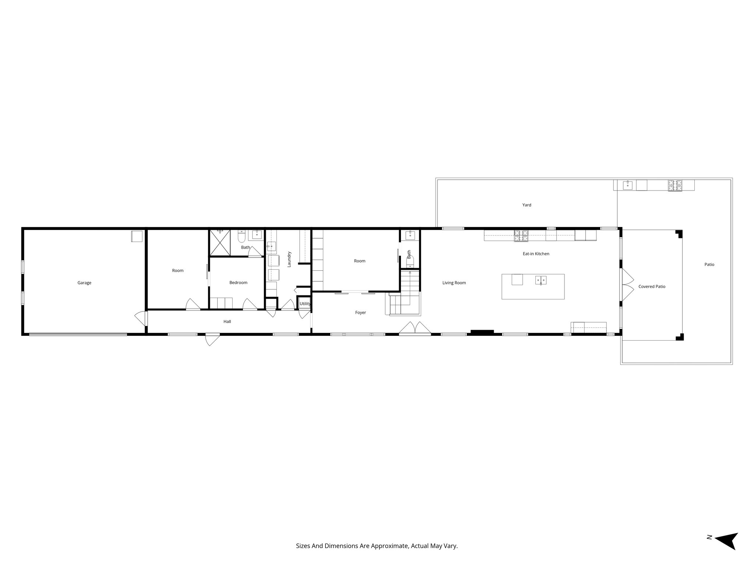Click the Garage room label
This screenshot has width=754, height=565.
pyautogui.click(x=84, y=283)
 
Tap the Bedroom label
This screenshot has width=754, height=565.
pyautogui.click(x=238, y=282)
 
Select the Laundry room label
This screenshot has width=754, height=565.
pyautogui.click(x=289, y=259)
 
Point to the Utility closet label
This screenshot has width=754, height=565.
pyautogui.click(x=305, y=304)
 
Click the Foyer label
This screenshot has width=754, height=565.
pyautogui.click(x=360, y=313)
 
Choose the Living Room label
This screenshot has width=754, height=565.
pyautogui.click(x=454, y=283)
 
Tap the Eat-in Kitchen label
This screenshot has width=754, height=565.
pyautogui.click(x=536, y=254)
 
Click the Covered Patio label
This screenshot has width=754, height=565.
pyautogui.click(x=652, y=287)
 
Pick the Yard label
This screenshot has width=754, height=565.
pyautogui.click(x=527, y=205)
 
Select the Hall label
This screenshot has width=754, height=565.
pyautogui.click(x=227, y=321)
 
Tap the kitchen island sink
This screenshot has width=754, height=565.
pyautogui.click(x=541, y=280)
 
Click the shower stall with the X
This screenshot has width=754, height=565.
pyautogui.click(x=220, y=243)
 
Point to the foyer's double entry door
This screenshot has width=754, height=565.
pyautogui.click(x=415, y=328)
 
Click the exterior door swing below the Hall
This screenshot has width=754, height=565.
pyautogui.click(x=212, y=339)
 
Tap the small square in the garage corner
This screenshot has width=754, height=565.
pyautogui.click(x=137, y=236)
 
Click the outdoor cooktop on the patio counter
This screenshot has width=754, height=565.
pyautogui.click(x=675, y=185)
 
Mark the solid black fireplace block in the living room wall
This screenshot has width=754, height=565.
pyautogui.click(x=482, y=332)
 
